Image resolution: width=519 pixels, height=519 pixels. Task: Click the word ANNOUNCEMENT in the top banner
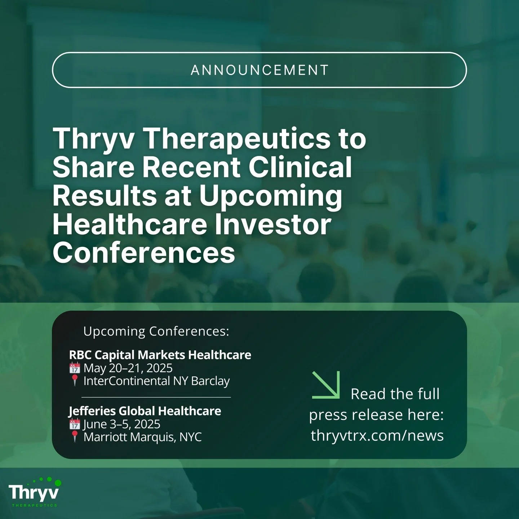coord(259,70)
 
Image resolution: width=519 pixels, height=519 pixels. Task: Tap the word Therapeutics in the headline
coord(238,138)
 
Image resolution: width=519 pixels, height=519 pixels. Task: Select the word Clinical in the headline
coord(301,167)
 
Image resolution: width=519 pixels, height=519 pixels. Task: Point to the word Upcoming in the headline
coord(270,196)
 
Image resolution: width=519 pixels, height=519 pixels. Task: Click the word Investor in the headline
coord(272,224)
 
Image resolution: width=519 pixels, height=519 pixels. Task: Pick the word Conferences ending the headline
coord(144,252)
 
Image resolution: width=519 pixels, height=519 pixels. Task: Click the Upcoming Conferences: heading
coord(156,331)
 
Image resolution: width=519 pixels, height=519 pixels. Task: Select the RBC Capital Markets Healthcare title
coord(160,355)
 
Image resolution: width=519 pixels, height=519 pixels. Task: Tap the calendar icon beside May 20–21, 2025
coord(75,368)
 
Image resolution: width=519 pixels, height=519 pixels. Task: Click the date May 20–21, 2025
coord(128,368)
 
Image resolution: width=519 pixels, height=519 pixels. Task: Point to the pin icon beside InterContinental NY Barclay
coord(75,381)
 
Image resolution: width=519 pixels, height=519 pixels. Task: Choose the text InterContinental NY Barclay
coord(156,381)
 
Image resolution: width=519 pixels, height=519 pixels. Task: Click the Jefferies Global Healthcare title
coord(145,411)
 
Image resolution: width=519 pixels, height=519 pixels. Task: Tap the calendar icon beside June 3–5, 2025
coord(75,424)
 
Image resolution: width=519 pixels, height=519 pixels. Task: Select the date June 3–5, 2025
coord(122,424)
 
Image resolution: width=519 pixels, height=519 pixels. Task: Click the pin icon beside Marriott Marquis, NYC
coord(75,437)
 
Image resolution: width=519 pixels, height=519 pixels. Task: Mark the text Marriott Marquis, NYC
coord(142,437)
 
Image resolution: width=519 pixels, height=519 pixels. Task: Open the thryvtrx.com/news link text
coord(377,435)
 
